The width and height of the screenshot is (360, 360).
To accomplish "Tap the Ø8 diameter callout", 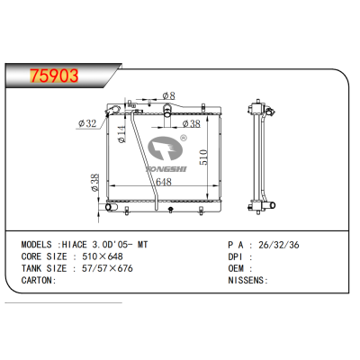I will pos(167,95).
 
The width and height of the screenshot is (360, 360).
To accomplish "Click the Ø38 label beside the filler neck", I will pos(191,124).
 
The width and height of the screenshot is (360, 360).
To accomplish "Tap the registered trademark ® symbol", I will pos(183,139).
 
